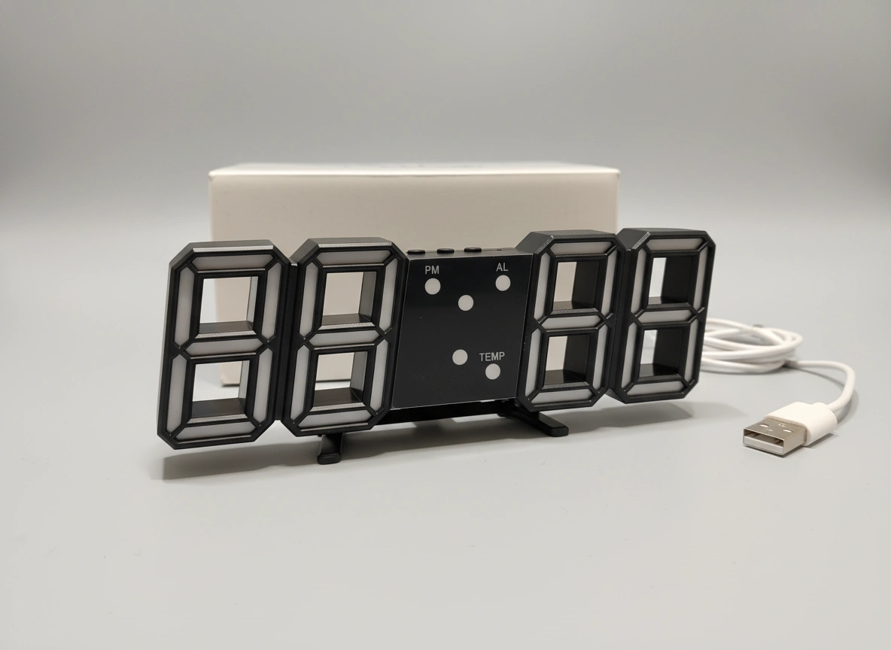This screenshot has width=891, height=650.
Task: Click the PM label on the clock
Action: [x=432, y=270]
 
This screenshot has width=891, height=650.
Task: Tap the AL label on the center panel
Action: [x=503, y=267]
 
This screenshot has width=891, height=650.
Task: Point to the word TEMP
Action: [x=491, y=357]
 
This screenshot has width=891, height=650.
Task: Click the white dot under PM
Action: [x=433, y=286]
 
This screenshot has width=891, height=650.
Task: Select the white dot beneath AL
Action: [x=503, y=282]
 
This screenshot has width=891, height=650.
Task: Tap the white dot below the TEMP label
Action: [x=492, y=372]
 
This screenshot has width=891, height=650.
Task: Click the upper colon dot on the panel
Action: [x=467, y=303]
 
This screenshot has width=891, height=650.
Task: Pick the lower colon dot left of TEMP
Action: [x=460, y=357]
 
